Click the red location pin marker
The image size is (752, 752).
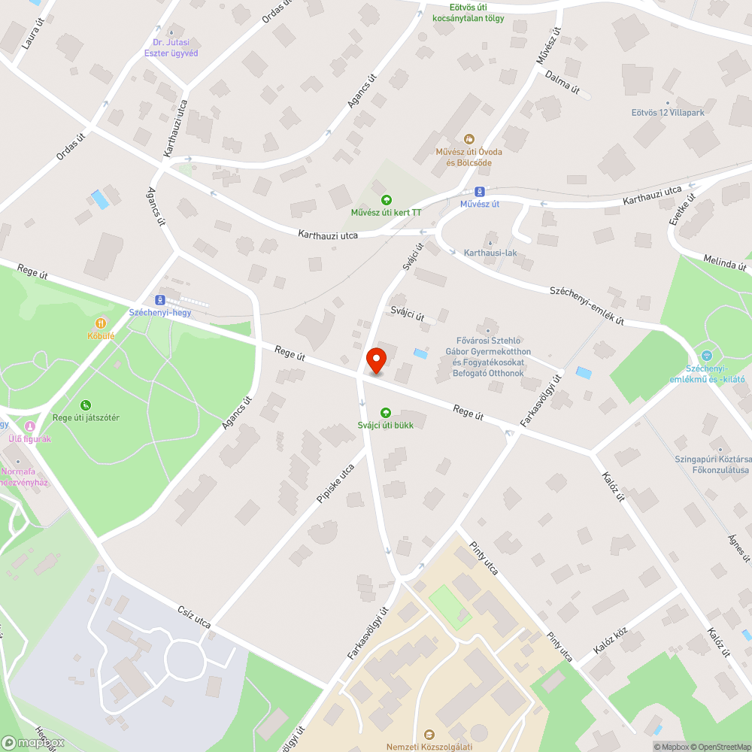pos(376,361)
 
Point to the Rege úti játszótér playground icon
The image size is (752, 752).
pos(86,405)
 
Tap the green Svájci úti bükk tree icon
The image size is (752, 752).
pos(386,412)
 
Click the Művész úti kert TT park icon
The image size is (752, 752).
pos(387,200)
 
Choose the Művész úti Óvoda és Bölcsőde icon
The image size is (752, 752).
pos(469,138)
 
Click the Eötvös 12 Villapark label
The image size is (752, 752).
pos(667,113)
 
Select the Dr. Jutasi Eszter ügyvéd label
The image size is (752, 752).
pos(171,48)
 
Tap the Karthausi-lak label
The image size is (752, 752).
pos(490,253)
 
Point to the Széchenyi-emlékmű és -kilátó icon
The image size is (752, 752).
pos(705,356)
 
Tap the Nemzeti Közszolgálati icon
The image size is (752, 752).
pos(429,734)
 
